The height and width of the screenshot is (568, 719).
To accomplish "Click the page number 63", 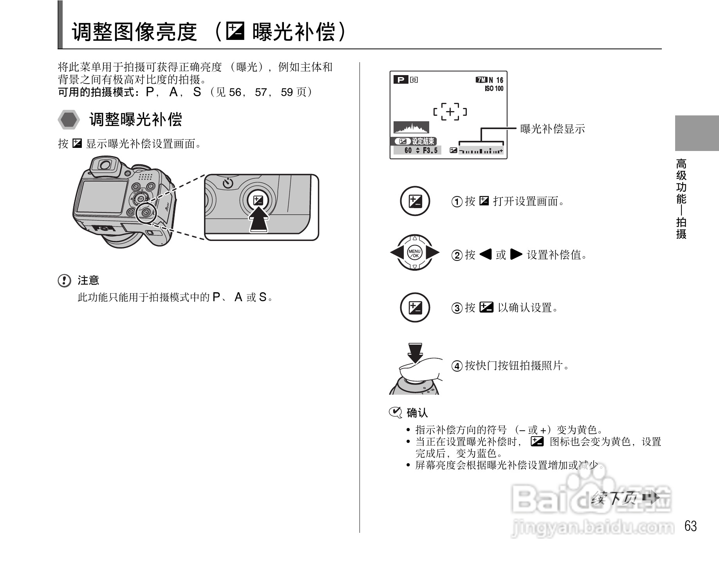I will [690, 526].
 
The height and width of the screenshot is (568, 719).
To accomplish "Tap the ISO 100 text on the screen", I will [494, 89].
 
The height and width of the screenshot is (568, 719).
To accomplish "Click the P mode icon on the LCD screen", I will [401, 80].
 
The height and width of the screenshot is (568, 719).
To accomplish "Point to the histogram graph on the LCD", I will [411, 128].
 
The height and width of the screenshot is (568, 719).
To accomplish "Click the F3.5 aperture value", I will [430, 151].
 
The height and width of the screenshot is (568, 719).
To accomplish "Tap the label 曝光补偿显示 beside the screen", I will [552, 129].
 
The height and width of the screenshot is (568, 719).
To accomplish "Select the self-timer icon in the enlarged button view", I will [228, 183].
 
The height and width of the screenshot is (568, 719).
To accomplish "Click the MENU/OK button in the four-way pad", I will [414, 253].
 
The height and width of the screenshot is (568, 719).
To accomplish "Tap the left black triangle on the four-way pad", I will [397, 253].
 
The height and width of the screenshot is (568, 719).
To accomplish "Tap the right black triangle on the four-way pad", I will [432, 253].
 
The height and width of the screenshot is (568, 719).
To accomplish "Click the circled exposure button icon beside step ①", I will [415, 201].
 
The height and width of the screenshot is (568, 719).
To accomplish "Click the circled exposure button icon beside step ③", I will [415, 308].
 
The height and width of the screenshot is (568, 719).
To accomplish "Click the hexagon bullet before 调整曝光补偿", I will [69, 120].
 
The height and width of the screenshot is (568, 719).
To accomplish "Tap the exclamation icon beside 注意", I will [65, 281].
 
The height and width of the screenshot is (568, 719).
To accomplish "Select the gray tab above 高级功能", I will [697, 133].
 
